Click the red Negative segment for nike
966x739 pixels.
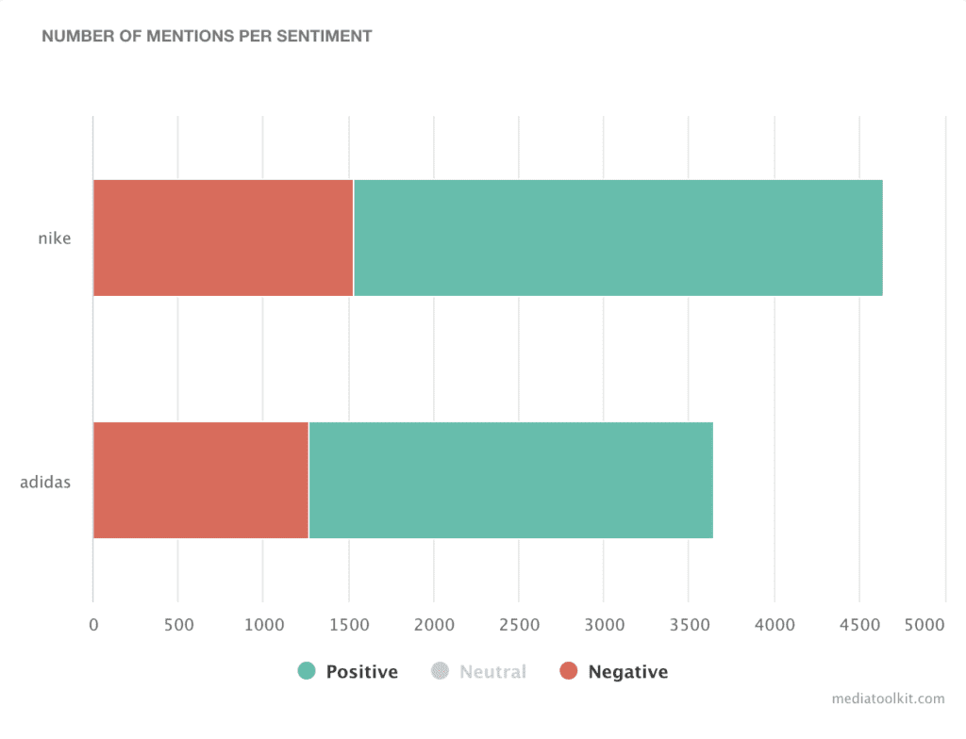click(223, 238)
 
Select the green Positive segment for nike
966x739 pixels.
click(618, 238)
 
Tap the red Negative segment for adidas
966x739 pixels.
click(201, 480)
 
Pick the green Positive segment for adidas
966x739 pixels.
click(510, 480)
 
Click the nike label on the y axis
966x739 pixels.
click(54, 238)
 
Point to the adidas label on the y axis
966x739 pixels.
click(45, 483)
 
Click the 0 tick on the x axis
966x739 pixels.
click(92, 623)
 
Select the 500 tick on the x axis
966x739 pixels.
click(177, 623)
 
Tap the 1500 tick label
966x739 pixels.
click(348, 623)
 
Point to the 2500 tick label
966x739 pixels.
click(519, 623)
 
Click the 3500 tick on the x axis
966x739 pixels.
click(689, 623)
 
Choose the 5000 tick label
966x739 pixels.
click(925, 623)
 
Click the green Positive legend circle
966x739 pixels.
click(307, 671)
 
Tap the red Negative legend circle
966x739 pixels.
click(568, 671)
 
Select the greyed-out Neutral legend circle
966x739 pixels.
click(440, 671)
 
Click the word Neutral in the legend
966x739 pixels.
click(492, 672)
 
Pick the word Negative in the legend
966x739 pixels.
click(627, 672)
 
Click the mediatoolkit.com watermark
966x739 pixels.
click(888, 698)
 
